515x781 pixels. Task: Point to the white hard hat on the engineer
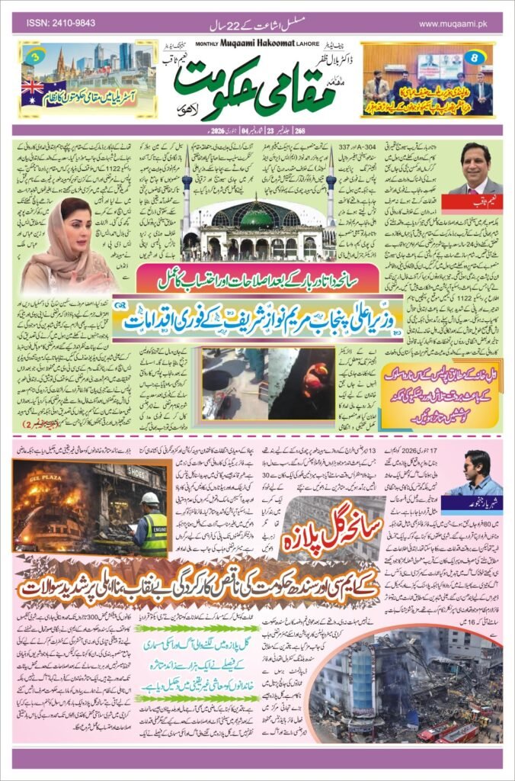pyautogui.click(x=150, y=498)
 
